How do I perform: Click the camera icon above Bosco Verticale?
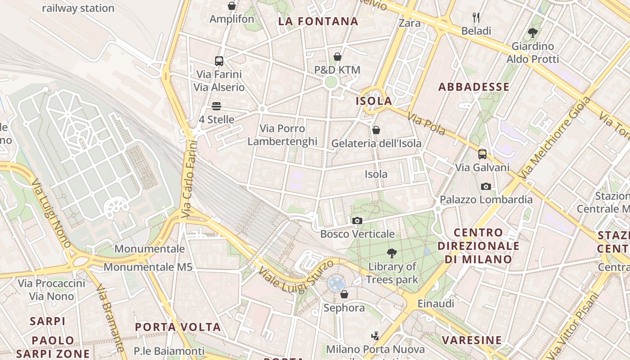[x=357, y=220]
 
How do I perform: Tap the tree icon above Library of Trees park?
[x=392, y=253]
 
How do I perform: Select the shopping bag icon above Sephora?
[x=344, y=294]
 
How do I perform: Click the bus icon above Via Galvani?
[x=482, y=154]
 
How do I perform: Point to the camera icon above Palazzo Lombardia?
[x=486, y=186]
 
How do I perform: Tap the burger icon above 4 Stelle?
[x=216, y=106]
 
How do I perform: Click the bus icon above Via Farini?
[x=219, y=61]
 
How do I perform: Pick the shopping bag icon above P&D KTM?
[x=337, y=57]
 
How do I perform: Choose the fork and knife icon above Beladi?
[x=476, y=18]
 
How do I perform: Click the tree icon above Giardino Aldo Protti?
[x=533, y=33]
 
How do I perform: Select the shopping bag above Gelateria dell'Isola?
[x=376, y=130]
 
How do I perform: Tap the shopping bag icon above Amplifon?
[x=232, y=6]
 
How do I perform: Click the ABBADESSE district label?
[x=474, y=87]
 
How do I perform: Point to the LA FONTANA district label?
[x=318, y=21]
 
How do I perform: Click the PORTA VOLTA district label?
[x=178, y=327]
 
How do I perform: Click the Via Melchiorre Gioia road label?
[x=554, y=138]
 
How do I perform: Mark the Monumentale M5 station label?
[x=148, y=267]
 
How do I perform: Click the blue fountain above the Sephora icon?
[x=336, y=283]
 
